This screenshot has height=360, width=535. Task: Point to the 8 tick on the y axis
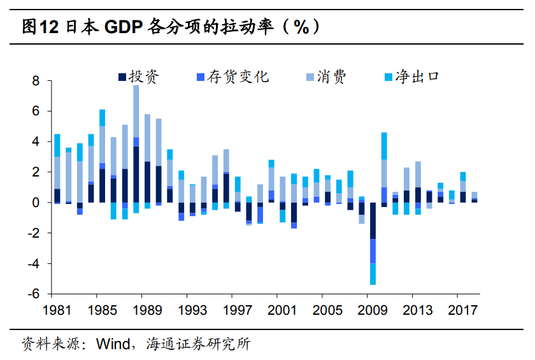36,82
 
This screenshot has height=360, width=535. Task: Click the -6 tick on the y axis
34,294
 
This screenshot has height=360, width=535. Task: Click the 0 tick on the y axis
36,203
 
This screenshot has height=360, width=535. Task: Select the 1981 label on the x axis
57,310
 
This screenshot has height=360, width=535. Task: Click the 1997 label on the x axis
238,310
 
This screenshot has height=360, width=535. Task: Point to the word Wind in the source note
112,345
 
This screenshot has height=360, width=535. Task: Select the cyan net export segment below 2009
373,274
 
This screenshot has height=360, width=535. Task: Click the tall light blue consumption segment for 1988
136,111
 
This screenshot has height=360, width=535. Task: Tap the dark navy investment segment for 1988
136,175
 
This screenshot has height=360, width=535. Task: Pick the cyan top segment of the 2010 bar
384,146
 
